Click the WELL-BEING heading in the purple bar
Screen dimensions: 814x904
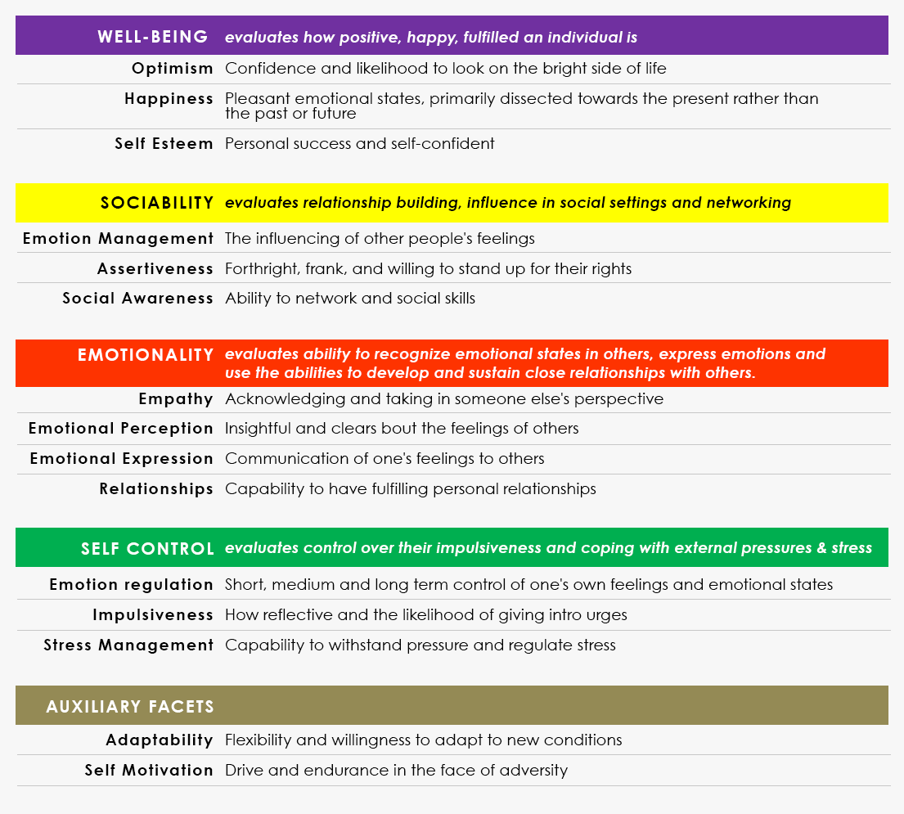pos(152,37)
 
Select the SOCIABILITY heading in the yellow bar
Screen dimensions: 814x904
pos(157,203)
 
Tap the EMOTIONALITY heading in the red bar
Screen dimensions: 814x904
pos(146,355)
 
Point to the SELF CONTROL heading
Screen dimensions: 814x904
pos(147,549)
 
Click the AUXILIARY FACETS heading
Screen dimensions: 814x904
pos(130,707)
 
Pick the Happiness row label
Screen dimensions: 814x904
pos(169,99)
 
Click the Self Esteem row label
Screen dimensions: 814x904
pos(164,144)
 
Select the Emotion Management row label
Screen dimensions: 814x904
pos(118,239)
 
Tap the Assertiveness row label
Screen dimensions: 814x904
pos(155,269)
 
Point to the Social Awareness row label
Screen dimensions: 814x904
pos(137,299)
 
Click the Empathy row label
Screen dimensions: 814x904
pos(176,399)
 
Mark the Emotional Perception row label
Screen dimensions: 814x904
pos(120,429)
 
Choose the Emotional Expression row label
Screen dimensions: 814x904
pos(121,459)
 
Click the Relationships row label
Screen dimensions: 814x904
pos(156,489)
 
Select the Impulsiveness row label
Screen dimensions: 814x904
pos(153,615)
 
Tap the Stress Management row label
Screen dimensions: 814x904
pos(128,645)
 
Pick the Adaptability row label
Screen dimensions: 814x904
pos(160,740)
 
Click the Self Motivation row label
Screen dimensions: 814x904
pos(149,771)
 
